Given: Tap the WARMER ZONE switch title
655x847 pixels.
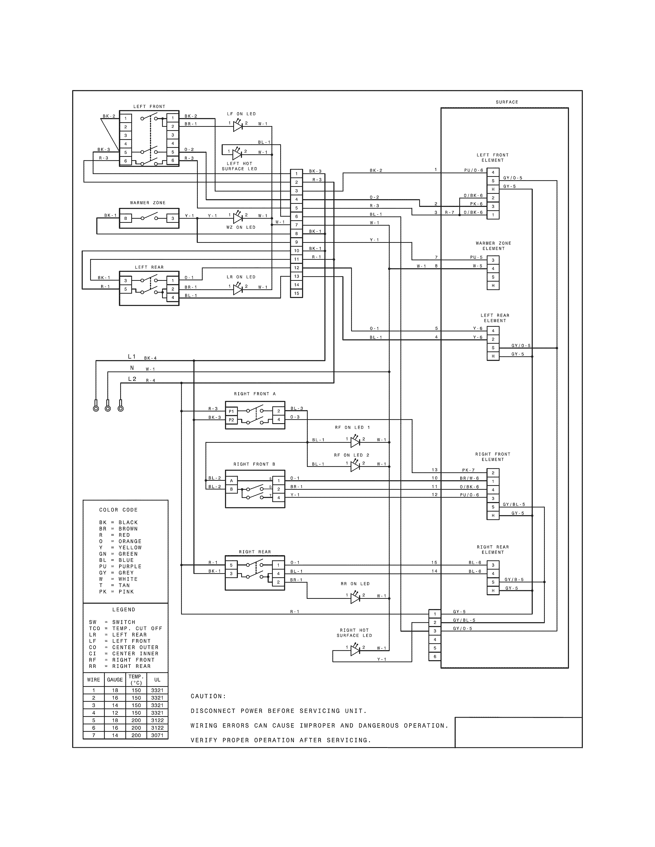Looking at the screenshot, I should coord(148,203).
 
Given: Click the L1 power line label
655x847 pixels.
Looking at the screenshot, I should coord(132,357).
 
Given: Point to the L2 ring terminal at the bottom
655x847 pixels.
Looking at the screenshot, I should coord(121,408).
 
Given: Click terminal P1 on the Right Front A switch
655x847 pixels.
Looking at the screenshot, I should coord(231,411).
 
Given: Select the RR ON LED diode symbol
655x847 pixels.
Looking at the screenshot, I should coord(355,598).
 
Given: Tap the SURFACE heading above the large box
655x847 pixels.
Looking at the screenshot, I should coord(507,102).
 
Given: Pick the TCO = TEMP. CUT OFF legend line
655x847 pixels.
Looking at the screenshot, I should coord(125,628).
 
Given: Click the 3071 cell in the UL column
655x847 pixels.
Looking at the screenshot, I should coord(157,735).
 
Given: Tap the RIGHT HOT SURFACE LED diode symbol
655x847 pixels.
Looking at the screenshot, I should coord(355,650).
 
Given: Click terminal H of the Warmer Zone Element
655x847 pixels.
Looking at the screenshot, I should coord(493,285).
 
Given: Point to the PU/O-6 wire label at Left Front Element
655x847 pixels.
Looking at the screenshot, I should coord(473,170).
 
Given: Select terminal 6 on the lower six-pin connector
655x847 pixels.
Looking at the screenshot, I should coord(435,656).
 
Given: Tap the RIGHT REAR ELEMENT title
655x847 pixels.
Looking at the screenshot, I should coord(493,550).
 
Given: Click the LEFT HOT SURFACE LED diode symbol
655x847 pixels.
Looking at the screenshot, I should coord(237,154).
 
